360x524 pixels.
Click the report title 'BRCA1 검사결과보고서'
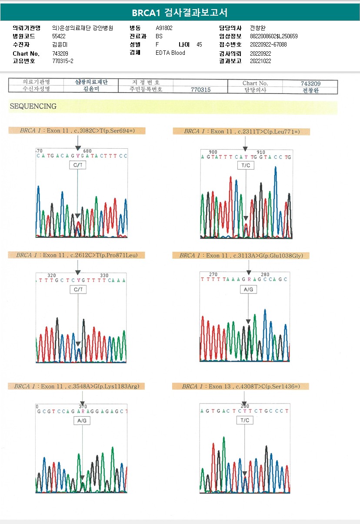click(180, 12)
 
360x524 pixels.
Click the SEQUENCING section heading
click(33, 107)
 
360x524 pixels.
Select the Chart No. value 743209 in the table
click(310, 83)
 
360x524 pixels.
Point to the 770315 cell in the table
click(201, 90)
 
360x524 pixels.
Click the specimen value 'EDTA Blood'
click(170, 53)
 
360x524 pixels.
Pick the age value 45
click(199, 44)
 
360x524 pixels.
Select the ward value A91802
click(164, 28)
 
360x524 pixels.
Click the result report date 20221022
click(260, 61)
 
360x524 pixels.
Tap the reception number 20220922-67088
click(268, 44)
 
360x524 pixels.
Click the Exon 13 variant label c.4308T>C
click(240, 386)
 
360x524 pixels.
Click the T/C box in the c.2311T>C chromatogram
click(245, 166)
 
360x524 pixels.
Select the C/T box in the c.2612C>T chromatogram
click(78, 290)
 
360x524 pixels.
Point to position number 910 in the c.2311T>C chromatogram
click(261, 152)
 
